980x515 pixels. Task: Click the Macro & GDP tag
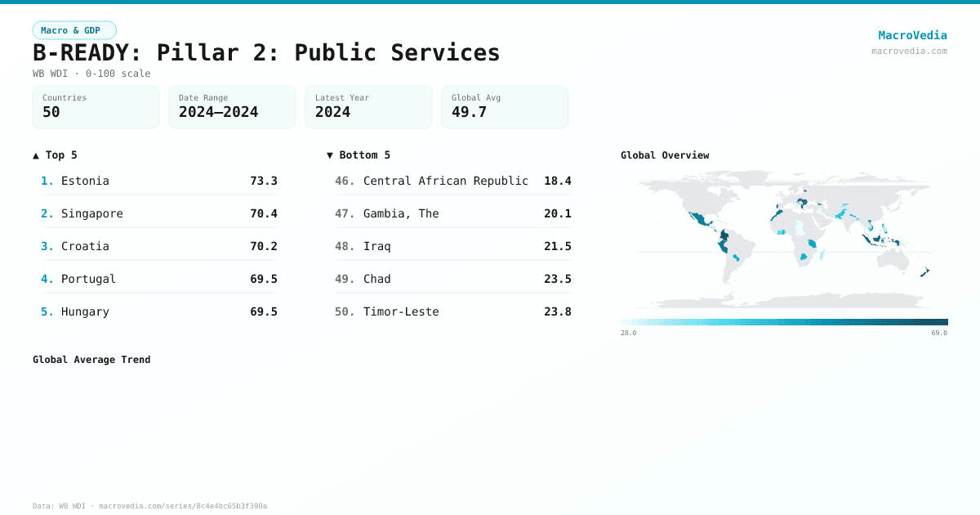pyautogui.click(x=74, y=30)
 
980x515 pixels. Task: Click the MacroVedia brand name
pyautogui.click(x=912, y=35)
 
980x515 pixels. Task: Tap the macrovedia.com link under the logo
pyautogui.click(x=909, y=51)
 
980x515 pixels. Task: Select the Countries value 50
pyautogui.click(x=51, y=112)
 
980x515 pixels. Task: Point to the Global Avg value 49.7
pyautogui.click(x=469, y=112)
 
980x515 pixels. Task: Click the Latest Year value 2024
pyautogui.click(x=332, y=112)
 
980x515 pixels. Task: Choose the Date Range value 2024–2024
pyautogui.click(x=218, y=112)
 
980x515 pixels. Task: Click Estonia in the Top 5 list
pyautogui.click(x=85, y=181)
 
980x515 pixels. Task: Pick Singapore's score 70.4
pyautogui.click(x=263, y=213)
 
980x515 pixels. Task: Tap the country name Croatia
pyautogui.click(x=85, y=246)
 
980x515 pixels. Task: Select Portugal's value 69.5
pyautogui.click(x=263, y=279)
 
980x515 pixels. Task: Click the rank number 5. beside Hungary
pyautogui.click(x=47, y=311)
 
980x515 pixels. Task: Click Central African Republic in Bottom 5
pyautogui.click(x=445, y=181)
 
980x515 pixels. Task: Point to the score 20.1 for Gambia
pyautogui.click(x=557, y=213)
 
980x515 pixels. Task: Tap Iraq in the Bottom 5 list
pyautogui.click(x=376, y=246)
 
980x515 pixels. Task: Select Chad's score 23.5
pyautogui.click(x=557, y=279)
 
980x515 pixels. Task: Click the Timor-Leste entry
pyautogui.click(x=401, y=311)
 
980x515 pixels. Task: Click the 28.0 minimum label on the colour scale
pyautogui.click(x=628, y=333)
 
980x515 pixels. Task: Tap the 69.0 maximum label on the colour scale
pyautogui.click(x=939, y=333)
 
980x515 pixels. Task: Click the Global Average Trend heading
pyautogui.click(x=91, y=360)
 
